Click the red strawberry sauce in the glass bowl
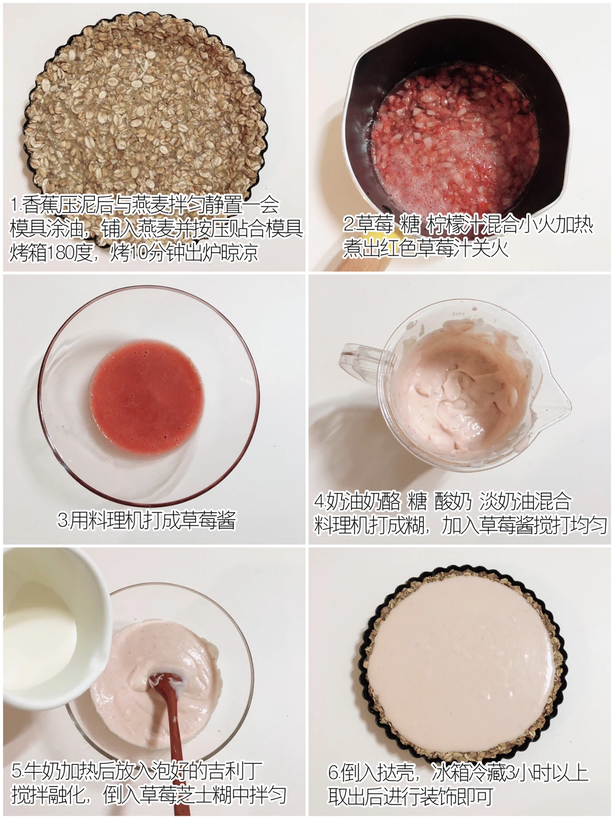click(147, 399)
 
